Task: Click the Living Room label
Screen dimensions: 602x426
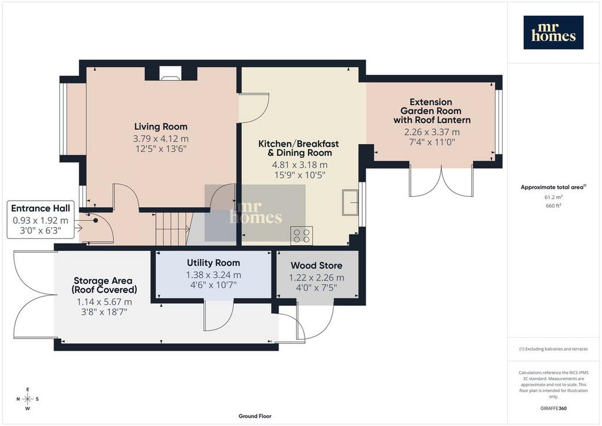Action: point(161,127)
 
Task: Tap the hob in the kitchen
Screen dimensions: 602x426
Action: point(302,235)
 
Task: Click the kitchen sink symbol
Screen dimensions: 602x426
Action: point(350,202)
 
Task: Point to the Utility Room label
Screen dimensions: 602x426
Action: point(213,263)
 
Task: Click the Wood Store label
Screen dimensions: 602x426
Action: point(316,265)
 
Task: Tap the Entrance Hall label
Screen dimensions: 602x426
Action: point(41,208)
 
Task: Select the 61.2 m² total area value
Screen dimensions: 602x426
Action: point(553,197)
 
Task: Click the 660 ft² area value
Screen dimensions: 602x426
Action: point(553,205)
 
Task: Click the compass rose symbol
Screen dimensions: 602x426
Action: point(28,399)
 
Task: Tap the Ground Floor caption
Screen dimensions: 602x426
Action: point(255,416)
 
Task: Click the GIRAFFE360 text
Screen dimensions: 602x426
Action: point(553,408)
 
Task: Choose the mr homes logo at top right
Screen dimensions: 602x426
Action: point(553,32)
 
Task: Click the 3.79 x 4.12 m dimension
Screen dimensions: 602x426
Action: point(161,139)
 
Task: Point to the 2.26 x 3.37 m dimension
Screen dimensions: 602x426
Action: point(432,132)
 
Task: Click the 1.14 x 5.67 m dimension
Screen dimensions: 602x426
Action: point(104,302)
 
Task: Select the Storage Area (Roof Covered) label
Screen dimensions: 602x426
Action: point(103,285)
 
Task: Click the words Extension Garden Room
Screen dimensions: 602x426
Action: point(431,106)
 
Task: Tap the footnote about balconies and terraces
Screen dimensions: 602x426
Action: point(553,349)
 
